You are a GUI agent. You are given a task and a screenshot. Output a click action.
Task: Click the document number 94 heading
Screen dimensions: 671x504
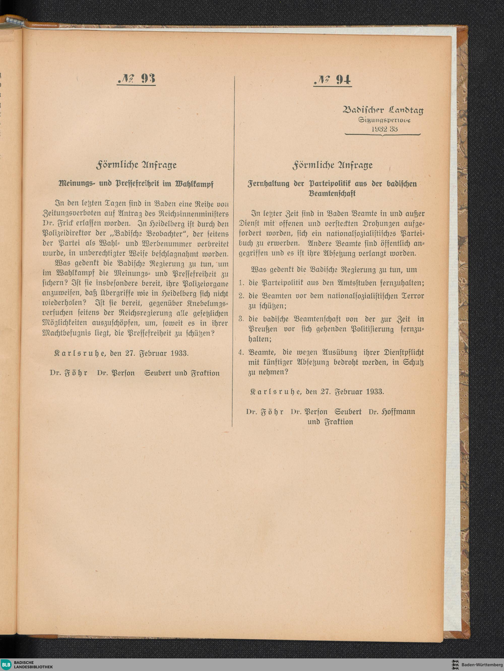click(333, 80)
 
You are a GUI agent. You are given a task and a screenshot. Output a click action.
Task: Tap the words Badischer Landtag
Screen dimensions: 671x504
click(383, 110)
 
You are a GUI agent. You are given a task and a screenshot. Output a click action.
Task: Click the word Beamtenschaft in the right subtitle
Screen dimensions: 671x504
click(332, 194)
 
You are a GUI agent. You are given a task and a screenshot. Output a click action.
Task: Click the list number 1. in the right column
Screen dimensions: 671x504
click(241, 283)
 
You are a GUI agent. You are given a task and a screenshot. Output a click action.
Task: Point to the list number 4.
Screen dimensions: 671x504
click(241, 352)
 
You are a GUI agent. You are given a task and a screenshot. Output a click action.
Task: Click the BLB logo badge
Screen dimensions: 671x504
click(6, 665)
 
